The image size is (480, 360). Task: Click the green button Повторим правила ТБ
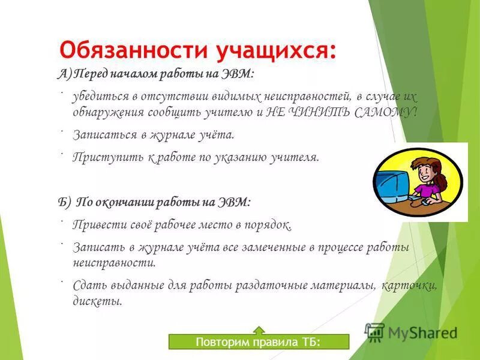258,343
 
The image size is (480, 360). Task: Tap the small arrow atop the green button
259,329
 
